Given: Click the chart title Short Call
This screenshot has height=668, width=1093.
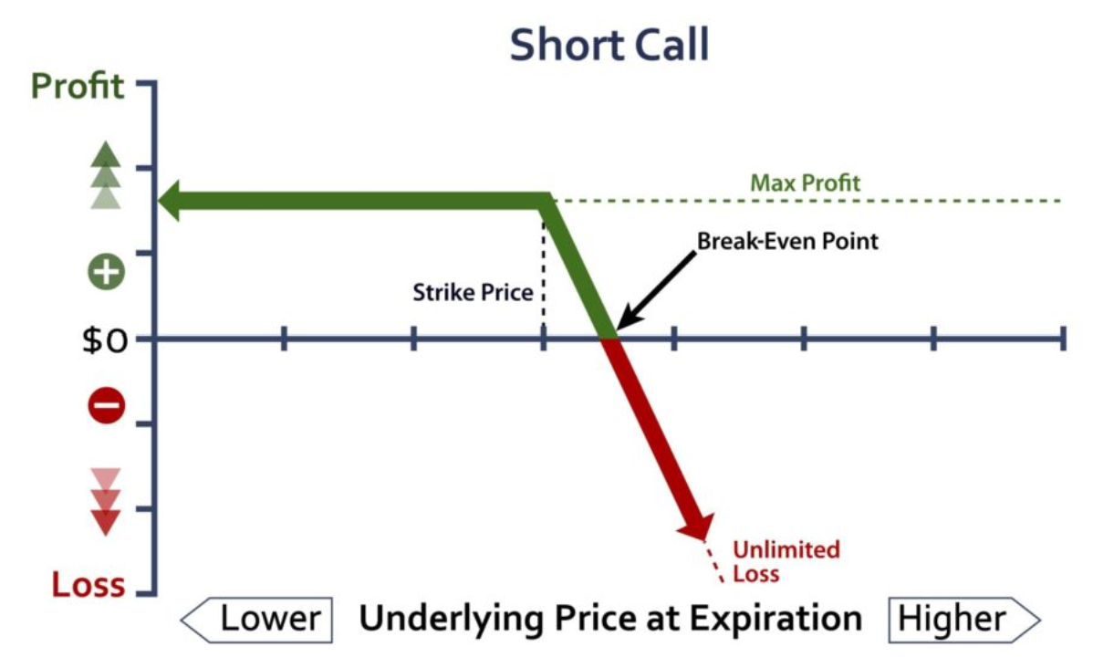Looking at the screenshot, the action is [609, 45].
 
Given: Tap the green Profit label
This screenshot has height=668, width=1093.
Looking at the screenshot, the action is [78, 87].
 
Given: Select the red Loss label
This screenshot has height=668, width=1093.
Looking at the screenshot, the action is [88, 584].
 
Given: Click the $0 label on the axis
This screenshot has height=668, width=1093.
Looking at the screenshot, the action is [105, 340].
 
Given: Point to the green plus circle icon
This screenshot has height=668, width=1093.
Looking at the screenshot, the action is [106, 271].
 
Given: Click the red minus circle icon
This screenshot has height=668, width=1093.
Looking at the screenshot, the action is [106, 406].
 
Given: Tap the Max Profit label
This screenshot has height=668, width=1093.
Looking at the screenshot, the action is [805, 183].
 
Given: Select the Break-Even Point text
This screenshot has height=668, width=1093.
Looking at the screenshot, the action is [787, 241].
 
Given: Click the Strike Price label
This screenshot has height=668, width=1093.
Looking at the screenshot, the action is [473, 292].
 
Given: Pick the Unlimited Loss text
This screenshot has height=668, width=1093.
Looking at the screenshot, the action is [786, 561].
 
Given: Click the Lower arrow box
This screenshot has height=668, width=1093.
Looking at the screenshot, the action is [256, 620].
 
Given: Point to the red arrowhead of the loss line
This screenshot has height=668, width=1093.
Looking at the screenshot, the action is [697, 527].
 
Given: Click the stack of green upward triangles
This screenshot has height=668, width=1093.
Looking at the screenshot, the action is [106, 175].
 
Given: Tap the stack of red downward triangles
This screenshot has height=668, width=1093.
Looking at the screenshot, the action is [106, 502].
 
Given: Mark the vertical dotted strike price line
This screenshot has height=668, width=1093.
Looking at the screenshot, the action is [544, 272].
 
